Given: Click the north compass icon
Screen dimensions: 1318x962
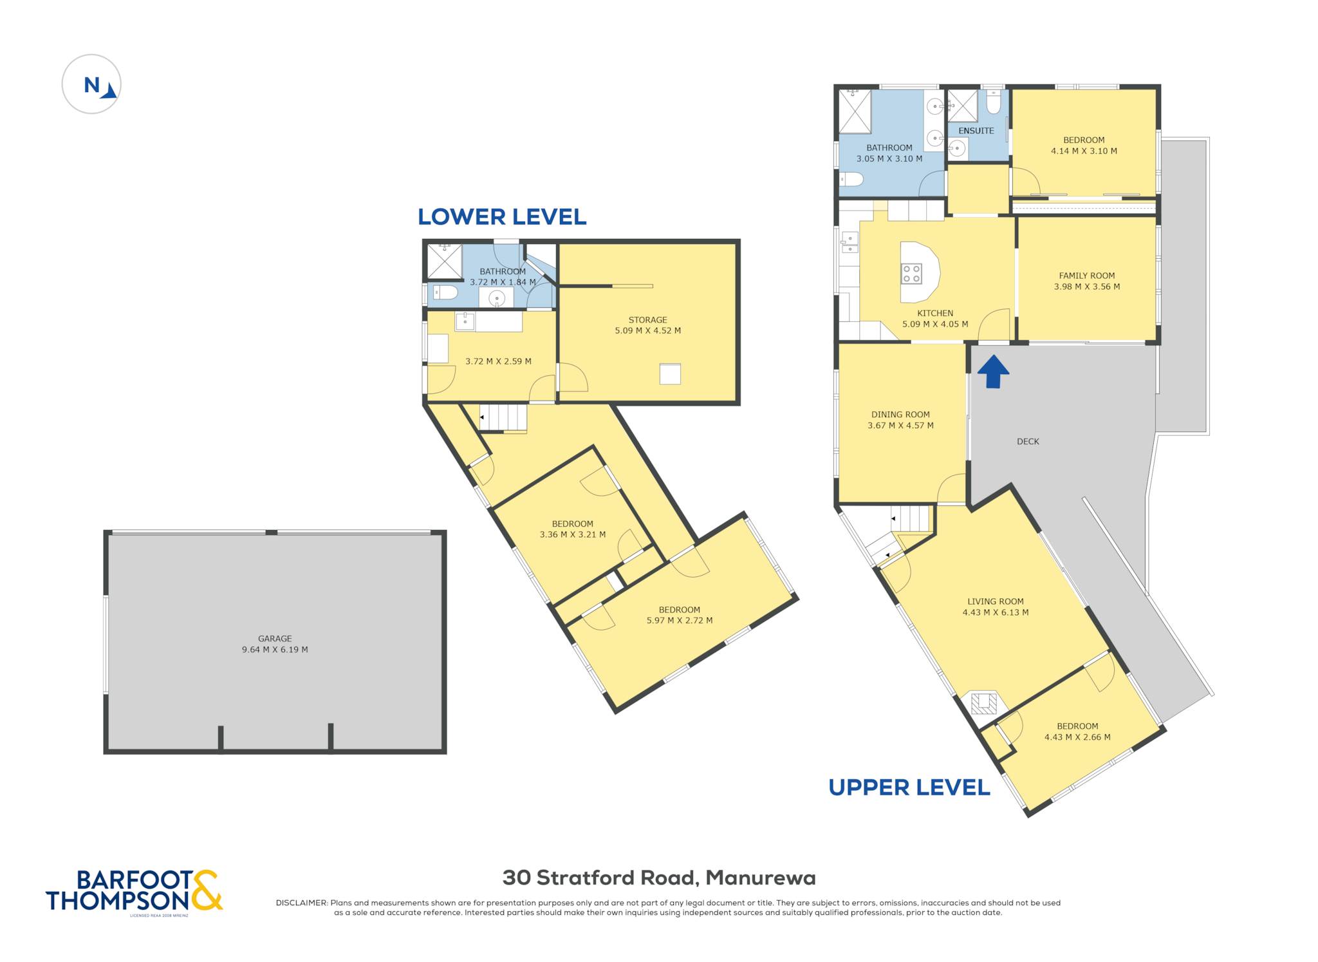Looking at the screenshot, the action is click(91, 84).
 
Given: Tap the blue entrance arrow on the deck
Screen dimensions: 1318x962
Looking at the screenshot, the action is click(993, 372).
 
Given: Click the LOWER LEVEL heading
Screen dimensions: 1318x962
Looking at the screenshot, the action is click(502, 217).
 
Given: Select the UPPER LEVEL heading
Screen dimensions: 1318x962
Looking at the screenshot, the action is click(909, 788).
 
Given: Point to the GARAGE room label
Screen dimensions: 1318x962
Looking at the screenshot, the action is click(275, 639).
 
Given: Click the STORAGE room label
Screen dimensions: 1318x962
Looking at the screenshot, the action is click(647, 320).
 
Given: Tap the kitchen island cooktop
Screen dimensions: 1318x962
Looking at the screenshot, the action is click(911, 274).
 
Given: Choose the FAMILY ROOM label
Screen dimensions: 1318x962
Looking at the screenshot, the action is click(1087, 276).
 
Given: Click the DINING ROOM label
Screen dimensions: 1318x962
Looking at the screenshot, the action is click(900, 415).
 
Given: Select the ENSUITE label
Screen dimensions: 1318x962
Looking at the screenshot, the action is click(976, 131).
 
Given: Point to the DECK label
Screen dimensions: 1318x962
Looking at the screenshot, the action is click(1028, 442).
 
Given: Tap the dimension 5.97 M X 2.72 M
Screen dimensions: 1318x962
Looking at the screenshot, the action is click(680, 621).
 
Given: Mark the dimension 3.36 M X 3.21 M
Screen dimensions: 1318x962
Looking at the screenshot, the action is click(572, 534).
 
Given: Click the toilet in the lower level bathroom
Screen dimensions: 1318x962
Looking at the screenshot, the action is click(445, 293).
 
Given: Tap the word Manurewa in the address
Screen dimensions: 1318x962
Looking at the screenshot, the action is click(761, 878).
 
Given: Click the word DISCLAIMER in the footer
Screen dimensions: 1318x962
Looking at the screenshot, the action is click(302, 903).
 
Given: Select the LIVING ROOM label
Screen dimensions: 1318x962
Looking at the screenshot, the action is click(995, 601).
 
